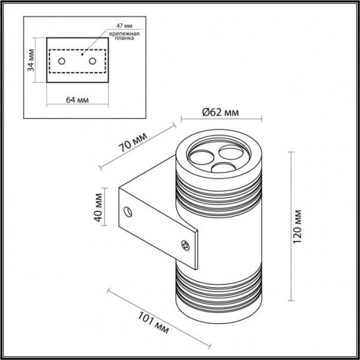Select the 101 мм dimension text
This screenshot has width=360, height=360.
154,324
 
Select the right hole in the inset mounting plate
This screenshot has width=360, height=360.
92,61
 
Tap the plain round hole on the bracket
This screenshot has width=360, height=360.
127,211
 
